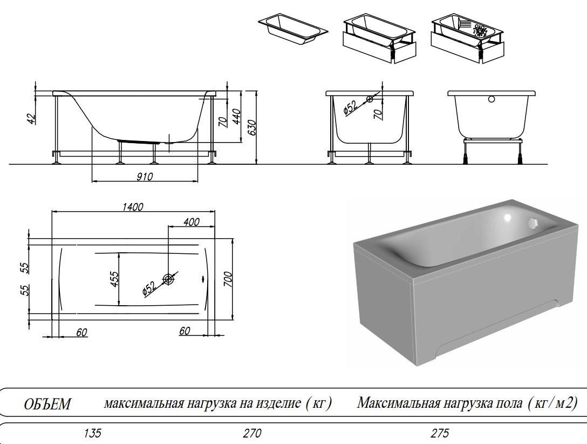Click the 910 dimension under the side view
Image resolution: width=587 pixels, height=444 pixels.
coord(145,176)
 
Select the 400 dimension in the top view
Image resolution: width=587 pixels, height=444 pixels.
coord(191,222)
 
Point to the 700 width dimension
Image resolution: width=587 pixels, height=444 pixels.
coord(228,279)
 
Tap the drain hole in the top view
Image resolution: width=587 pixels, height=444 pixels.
coord(169,279)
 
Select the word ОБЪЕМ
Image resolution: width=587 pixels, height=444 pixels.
coord(47,405)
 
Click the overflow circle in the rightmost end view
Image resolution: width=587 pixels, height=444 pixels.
coord(491,99)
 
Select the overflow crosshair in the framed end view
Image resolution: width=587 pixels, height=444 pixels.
coord(370,99)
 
